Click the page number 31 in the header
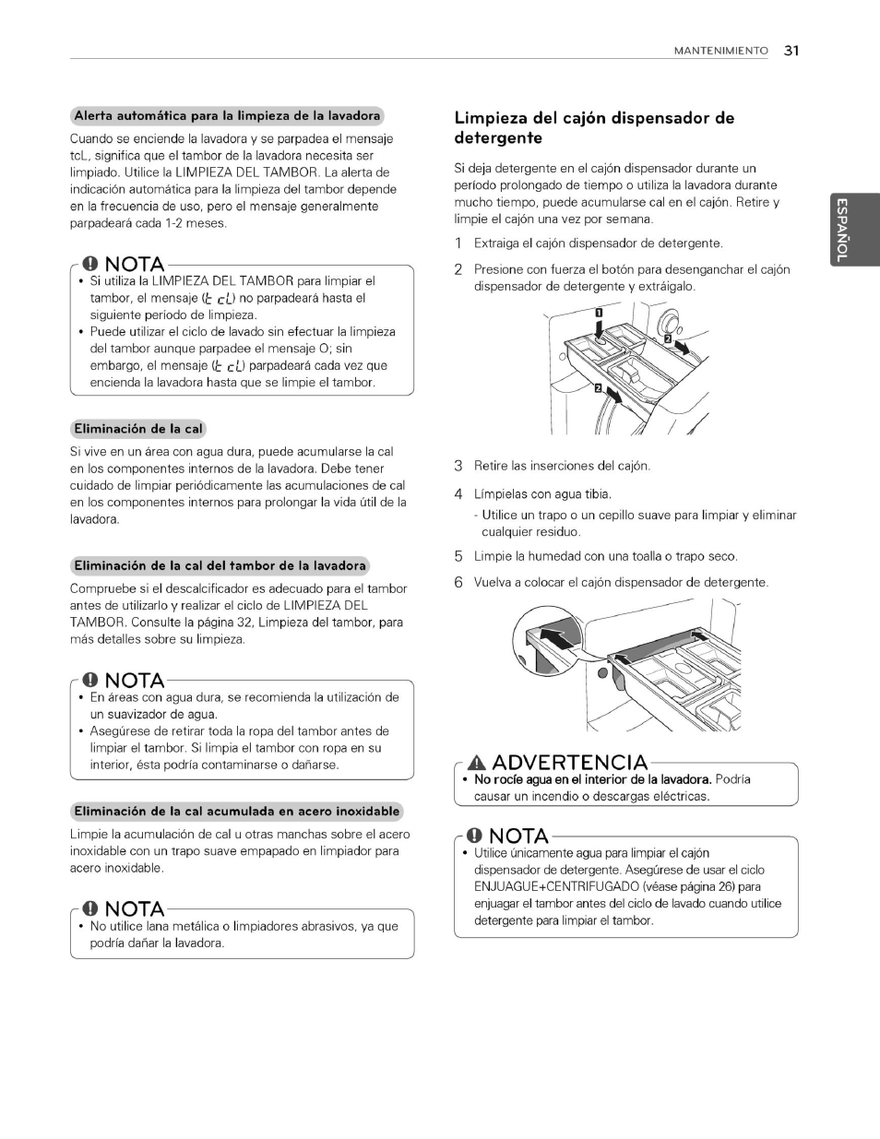point(791,51)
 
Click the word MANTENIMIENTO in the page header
point(720,52)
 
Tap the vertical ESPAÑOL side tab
point(840,231)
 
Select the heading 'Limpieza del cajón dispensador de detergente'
point(594,128)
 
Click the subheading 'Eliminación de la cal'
point(138,429)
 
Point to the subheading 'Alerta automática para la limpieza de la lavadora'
point(227,116)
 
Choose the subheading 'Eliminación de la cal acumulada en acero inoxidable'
point(237,812)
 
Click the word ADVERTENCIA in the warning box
point(569,763)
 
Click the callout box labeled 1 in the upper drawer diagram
point(598,315)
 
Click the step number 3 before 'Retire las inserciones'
point(458,466)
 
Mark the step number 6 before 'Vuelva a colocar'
point(458,583)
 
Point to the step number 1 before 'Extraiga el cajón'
point(458,243)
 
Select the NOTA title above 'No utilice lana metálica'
point(135,909)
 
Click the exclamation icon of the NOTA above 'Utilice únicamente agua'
point(474,836)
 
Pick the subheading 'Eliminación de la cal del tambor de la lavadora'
point(220,565)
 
